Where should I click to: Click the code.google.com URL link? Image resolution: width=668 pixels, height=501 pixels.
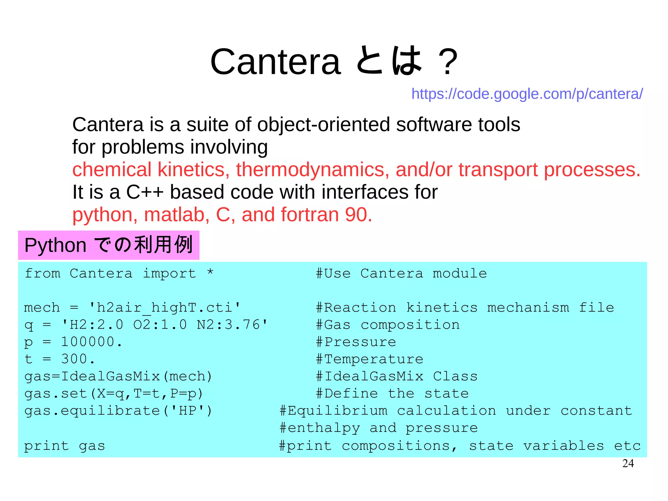[x=527, y=94]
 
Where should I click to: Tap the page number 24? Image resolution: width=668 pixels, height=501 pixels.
[x=628, y=463]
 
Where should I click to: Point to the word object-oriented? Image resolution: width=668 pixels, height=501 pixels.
[x=324, y=125]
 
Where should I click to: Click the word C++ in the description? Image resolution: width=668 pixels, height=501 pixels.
[x=144, y=192]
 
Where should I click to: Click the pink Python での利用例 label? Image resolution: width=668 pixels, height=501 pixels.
[x=109, y=245]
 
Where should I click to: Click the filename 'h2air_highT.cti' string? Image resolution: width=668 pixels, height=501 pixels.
[x=165, y=308]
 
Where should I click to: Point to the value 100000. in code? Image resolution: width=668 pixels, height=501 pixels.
[x=92, y=342]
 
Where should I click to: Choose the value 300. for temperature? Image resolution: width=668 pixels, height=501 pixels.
[x=78, y=359]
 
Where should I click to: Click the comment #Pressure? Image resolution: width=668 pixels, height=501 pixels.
[x=356, y=342]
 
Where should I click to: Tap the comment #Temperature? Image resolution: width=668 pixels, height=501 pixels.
[x=370, y=359]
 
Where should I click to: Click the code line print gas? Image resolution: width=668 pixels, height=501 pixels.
[x=65, y=446]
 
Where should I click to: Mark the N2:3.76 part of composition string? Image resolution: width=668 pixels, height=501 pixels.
[x=232, y=325]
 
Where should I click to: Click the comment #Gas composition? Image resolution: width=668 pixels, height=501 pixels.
[x=388, y=325]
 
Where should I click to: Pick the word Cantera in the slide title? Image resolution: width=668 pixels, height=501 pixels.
[x=276, y=62]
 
